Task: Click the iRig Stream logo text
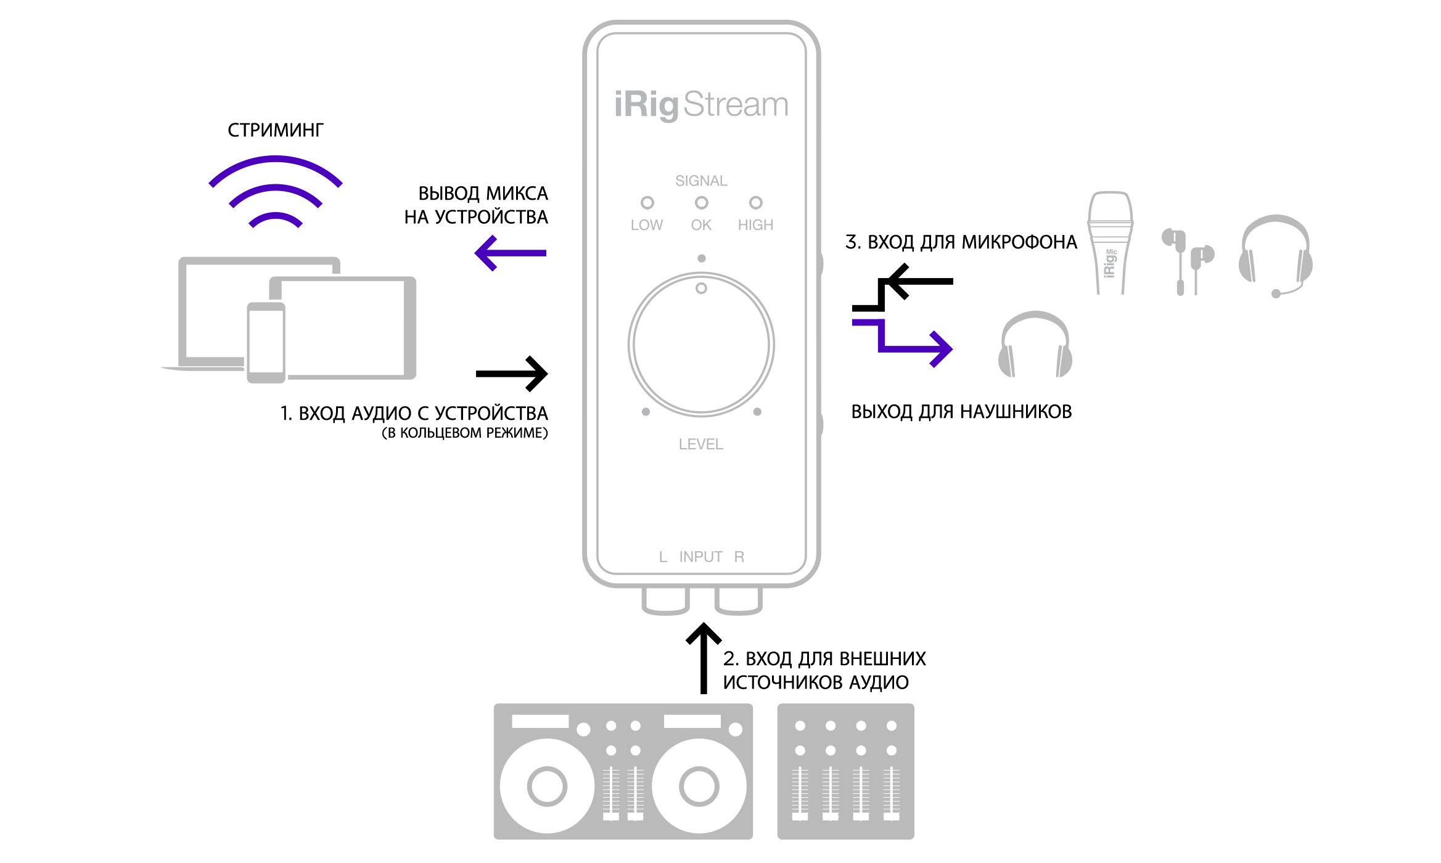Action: [x=701, y=105]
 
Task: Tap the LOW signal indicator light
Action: [x=647, y=203]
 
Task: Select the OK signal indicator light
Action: [x=701, y=203]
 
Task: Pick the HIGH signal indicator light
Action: [x=755, y=203]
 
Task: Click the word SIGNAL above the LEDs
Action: [x=701, y=181]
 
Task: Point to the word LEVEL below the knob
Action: [x=701, y=444]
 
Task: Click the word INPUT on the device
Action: [x=701, y=557]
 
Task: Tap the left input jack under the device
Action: [x=665, y=600]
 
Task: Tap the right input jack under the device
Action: [x=738, y=600]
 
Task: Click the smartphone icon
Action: [x=266, y=342]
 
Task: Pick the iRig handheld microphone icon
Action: [x=1109, y=243]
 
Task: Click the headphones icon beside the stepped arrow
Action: [x=1035, y=345]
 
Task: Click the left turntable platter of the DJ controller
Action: [x=547, y=786]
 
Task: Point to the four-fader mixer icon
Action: [x=845, y=771]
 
